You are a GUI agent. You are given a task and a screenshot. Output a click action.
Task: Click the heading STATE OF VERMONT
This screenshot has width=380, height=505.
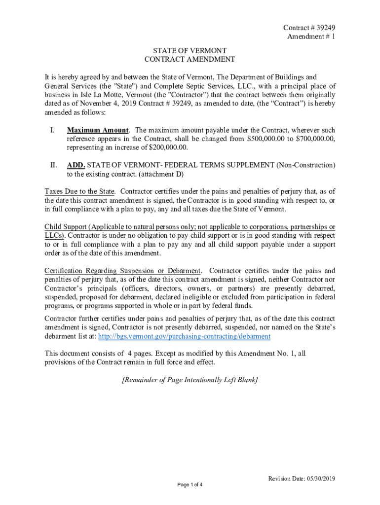[190, 50]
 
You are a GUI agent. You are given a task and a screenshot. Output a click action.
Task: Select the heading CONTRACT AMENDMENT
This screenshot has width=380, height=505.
[190, 59]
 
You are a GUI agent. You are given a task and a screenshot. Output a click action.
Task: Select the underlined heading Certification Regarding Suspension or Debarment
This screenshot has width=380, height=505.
[122, 271]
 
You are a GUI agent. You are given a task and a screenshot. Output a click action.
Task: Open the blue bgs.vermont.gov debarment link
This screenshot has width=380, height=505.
[185, 336]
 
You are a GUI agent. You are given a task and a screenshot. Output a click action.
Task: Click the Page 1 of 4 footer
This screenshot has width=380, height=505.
[190, 485]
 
